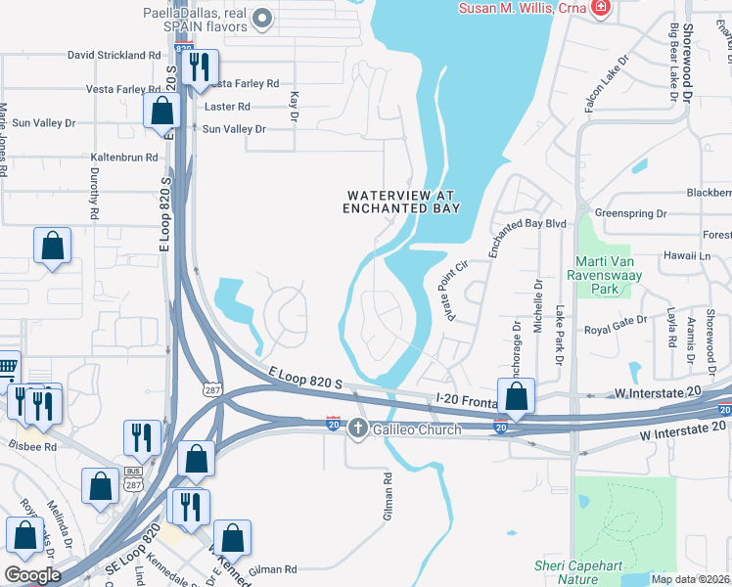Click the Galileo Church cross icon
tap(358, 428)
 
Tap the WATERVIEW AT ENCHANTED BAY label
tap(402, 202)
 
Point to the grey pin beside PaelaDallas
tap(262, 17)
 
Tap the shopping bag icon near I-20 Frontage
tap(516, 396)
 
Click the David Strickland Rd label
tap(114, 56)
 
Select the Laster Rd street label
tap(228, 107)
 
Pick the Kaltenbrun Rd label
tap(124, 157)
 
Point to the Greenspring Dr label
tap(630, 212)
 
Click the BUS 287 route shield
tap(133, 476)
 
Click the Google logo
tap(33, 575)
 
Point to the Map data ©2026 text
tap(690, 579)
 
